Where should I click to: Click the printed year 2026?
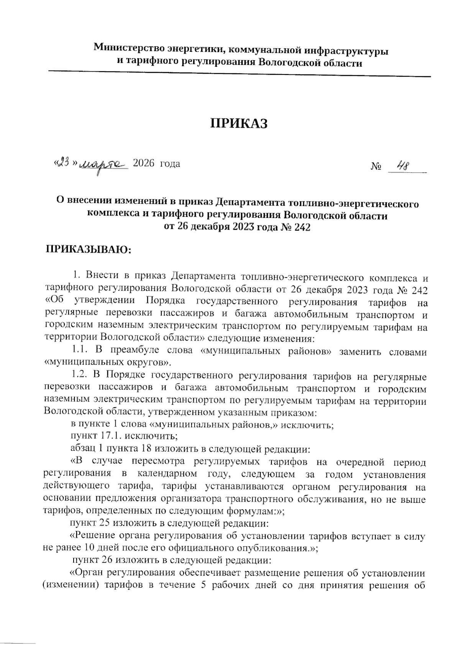[143, 164]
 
